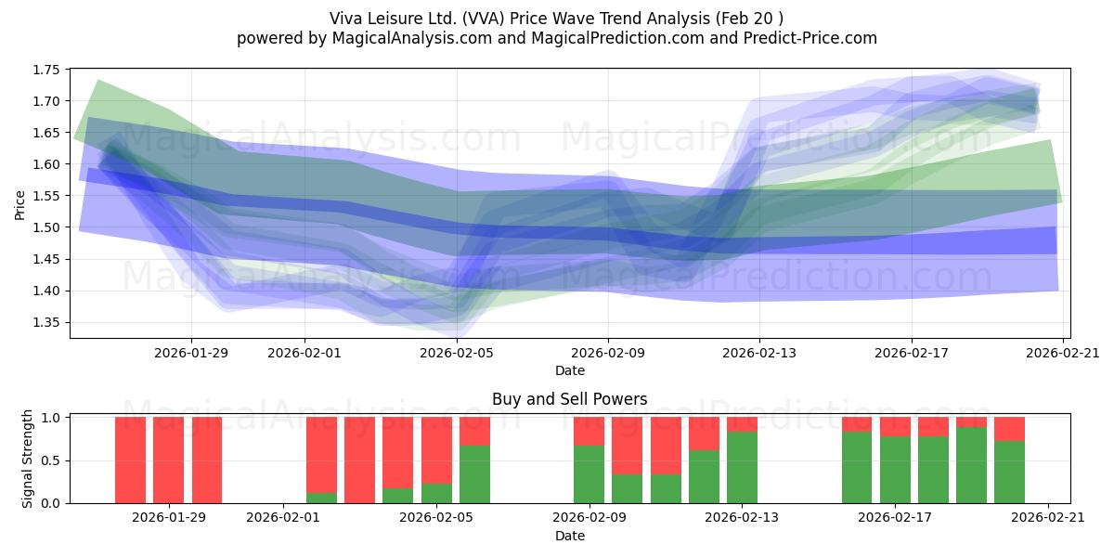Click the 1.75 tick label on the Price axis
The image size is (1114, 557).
tap(45, 70)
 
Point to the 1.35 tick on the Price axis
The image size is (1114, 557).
tap(45, 323)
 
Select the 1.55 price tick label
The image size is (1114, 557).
tap(45, 196)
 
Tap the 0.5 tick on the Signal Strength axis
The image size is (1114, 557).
tap(51, 460)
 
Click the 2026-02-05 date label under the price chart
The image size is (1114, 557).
tap(457, 353)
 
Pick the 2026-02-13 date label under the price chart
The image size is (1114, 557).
tap(759, 353)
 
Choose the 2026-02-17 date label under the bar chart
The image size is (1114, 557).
tap(895, 518)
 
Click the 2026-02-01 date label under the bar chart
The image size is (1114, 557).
tap(283, 518)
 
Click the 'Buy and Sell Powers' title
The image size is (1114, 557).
tap(569, 399)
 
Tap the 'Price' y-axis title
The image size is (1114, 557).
tap(19, 205)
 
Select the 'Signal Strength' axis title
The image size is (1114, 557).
tap(27, 459)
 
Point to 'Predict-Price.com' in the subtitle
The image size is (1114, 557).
tap(810, 38)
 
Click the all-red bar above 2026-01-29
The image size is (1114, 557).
tap(169, 460)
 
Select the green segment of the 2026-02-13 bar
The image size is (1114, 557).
tap(742, 468)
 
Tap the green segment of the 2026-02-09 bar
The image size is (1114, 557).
tap(589, 474)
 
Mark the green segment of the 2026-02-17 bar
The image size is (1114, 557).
tap(895, 470)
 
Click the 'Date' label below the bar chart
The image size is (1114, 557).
tap(569, 536)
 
